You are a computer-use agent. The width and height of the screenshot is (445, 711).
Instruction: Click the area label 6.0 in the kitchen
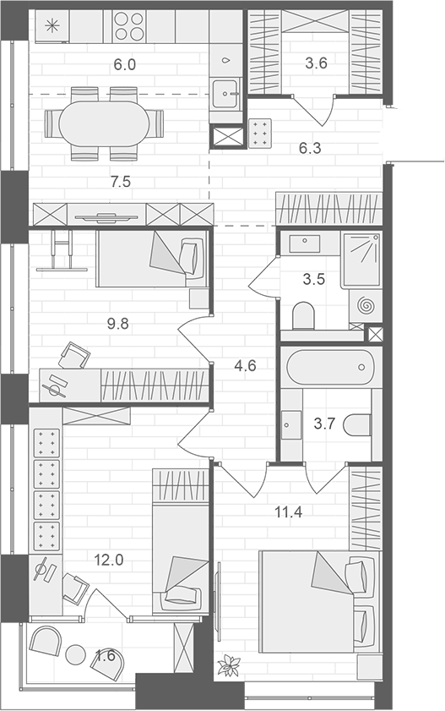coord(124,63)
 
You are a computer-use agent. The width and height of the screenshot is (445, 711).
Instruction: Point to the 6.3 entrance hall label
coord(310,148)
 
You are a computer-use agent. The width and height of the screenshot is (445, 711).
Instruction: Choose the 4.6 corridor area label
coord(244,366)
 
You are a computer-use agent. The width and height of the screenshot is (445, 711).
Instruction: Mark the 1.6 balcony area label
coord(105,654)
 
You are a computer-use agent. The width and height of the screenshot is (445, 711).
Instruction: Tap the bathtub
coord(329,368)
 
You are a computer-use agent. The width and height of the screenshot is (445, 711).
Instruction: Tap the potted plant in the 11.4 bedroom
coord(228,665)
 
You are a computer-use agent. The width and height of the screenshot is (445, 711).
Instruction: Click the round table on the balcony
coord(76,654)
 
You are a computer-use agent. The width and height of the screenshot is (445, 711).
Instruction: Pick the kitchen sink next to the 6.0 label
coord(226,91)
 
